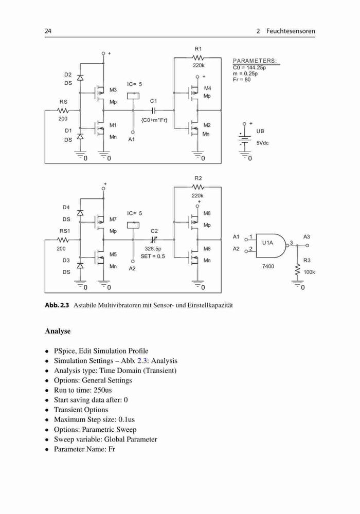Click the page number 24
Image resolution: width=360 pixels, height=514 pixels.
tap(48, 31)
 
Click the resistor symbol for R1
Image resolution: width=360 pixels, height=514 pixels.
tap(198, 58)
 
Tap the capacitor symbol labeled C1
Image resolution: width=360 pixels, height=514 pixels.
tap(153, 111)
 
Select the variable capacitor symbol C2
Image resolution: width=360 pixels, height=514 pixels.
tap(153, 240)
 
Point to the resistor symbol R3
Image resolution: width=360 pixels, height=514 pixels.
tap(298, 271)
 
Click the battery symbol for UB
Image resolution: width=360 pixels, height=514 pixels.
tap(244, 139)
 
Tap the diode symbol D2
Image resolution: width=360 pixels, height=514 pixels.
tap(80, 78)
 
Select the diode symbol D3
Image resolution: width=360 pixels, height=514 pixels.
tap(80, 265)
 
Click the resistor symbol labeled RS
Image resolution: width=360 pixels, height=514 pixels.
tap(63, 111)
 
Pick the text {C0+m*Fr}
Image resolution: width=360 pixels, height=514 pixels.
tap(154, 120)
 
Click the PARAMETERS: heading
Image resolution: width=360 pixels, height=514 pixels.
tap(255, 61)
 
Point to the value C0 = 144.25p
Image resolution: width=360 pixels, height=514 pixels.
tap(249, 68)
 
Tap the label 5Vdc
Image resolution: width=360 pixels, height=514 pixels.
tap(262, 143)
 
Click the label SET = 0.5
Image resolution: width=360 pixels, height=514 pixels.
tap(153, 256)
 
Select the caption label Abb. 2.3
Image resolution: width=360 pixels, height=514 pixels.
tap(57, 305)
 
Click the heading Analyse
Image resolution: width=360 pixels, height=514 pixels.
tap(58, 331)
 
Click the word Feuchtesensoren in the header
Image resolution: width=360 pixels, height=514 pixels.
tap(291, 31)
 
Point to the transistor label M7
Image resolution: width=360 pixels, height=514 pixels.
tap(113, 219)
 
